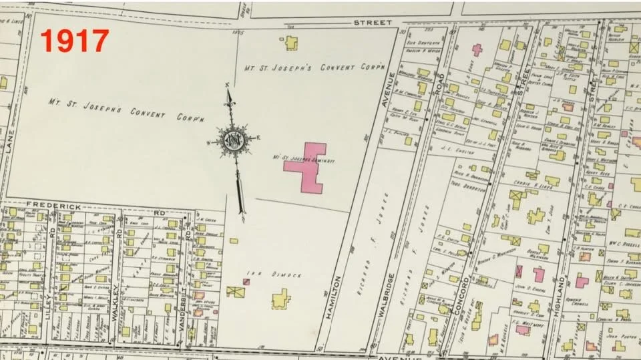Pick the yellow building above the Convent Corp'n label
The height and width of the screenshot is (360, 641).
click(290, 43)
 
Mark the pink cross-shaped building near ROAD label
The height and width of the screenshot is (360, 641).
click(477, 49)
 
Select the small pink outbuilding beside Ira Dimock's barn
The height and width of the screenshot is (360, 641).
click(246, 282)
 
